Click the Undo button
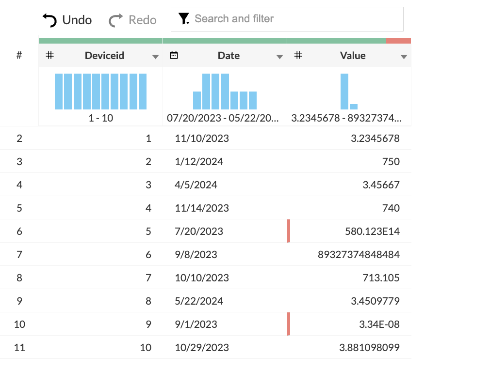point(67,20)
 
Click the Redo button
point(132,20)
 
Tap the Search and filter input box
point(287,19)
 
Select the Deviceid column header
point(104,56)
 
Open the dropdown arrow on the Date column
point(279,57)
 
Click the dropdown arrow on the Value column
point(404,57)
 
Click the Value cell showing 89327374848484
point(359,255)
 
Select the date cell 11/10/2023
point(202,139)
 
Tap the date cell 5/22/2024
point(199,301)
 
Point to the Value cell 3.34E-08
point(379,324)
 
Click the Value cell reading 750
point(391,162)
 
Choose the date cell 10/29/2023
point(202,348)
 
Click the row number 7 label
point(19,255)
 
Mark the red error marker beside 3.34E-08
point(289,324)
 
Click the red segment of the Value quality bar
point(398,41)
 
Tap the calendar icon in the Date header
point(174,55)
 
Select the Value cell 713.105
point(381,278)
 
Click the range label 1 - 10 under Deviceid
point(101,118)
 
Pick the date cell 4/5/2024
point(196,185)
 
